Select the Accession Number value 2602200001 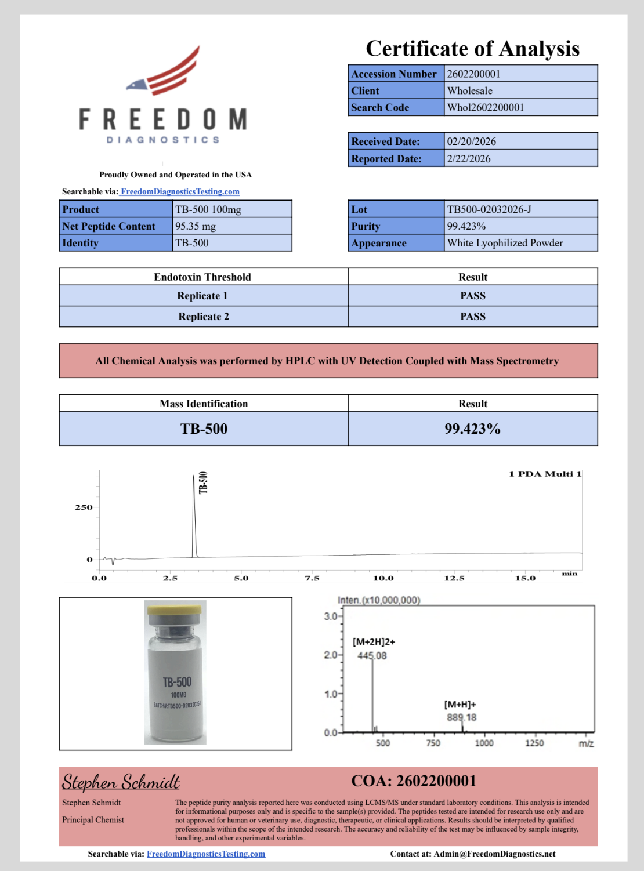pyautogui.click(x=473, y=74)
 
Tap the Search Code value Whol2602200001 pyautogui.click(x=486, y=107)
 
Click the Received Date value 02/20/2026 pyautogui.click(x=471, y=141)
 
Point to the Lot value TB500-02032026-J pyautogui.click(x=489, y=209)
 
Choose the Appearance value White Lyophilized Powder pyautogui.click(x=505, y=243)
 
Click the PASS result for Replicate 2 pyautogui.click(x=473, y=317)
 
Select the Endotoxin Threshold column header pyautogui.click(x=202, y=277)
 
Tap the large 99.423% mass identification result pyautogui.click(x=472, y=429)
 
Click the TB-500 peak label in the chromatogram pyautogui.click(x=203, y=482)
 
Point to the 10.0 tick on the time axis pyautogui.click(x=383, y=578)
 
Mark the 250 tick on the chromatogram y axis pyautogui.click(x=84, y=507)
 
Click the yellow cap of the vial pyautogui.click(x=175, y=609)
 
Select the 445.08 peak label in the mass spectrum pyautogui.click(x=372, y=656)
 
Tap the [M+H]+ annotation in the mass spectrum pyautogui.click(x=460, y=705)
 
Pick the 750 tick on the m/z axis pyautogui.click(x=433, y=743)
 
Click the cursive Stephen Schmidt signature pyautogui.click(x=121, y=782)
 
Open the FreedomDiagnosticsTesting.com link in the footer pyautogui.click(x=206, y=854)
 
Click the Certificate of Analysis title pyautogui.click(x=472, y=49)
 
